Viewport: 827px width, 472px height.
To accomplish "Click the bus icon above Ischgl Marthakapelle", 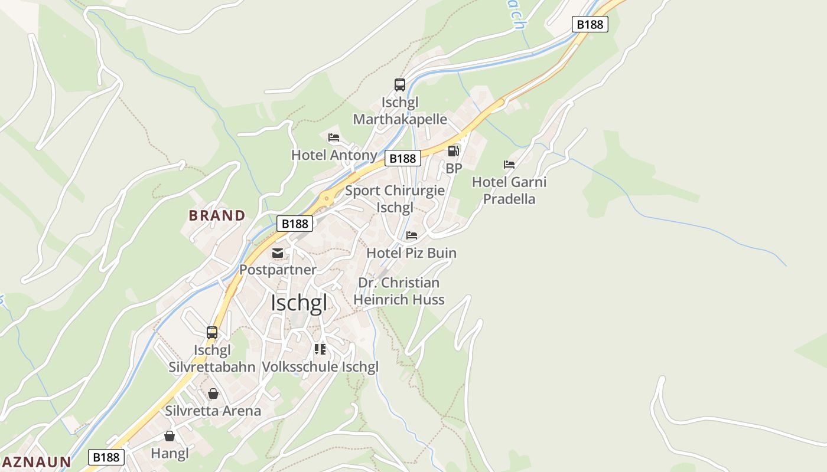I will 400,85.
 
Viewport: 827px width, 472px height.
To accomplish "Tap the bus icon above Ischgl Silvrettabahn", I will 212,333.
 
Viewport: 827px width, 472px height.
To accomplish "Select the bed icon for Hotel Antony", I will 334,137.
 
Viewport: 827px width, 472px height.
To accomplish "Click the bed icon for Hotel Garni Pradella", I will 509,164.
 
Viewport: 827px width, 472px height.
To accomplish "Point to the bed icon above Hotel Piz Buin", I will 412,235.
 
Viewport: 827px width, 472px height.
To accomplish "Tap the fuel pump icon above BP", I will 454,151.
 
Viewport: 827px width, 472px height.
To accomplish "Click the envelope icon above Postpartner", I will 278,253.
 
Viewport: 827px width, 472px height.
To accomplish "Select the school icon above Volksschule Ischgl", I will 320,349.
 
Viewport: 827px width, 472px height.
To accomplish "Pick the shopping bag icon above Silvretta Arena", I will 213,394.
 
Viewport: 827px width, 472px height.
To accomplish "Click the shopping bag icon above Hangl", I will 170,436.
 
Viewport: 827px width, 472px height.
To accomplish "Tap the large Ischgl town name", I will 298,303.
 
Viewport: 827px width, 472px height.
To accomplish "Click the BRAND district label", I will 217,215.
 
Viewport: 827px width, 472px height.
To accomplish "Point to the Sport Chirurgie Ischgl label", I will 395,199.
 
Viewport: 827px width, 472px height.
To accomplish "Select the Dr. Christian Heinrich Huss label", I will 399,291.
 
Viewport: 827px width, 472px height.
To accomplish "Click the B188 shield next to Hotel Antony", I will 403,158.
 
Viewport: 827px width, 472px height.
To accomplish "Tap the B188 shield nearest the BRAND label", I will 295,224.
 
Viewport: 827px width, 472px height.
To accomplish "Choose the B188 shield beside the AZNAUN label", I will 107,457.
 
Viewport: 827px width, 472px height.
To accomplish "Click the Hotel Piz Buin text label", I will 412,253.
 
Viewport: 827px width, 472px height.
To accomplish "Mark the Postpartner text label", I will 278,270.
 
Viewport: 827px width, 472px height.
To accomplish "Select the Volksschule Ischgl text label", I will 320,366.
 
